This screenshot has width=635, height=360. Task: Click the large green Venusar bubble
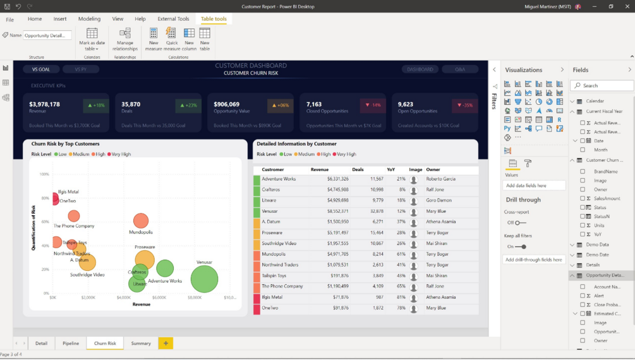click(x=204, y=279)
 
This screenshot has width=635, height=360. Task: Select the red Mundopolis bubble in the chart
click(x=141, y=220)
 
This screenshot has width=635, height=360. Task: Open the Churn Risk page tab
click(x=105, y=343)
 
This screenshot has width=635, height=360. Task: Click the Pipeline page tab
click(x=71, y=343)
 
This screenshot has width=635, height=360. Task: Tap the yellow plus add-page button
click(x=166, y=343)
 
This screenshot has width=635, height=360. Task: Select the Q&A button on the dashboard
click(x=459, y=69)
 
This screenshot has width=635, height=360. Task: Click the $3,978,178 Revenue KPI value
click(x=44, y=104)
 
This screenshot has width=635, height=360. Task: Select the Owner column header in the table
click(x=433, y=169)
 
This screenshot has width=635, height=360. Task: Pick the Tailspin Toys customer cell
click(x=274, y=275)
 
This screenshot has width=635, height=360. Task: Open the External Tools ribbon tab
click(x=173, y=19)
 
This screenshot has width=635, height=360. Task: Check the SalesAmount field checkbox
click(x=583, y=198)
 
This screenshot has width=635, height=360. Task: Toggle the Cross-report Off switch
click(x=519, y=222)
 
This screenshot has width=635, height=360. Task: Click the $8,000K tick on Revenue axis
click(x=195, y=297)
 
